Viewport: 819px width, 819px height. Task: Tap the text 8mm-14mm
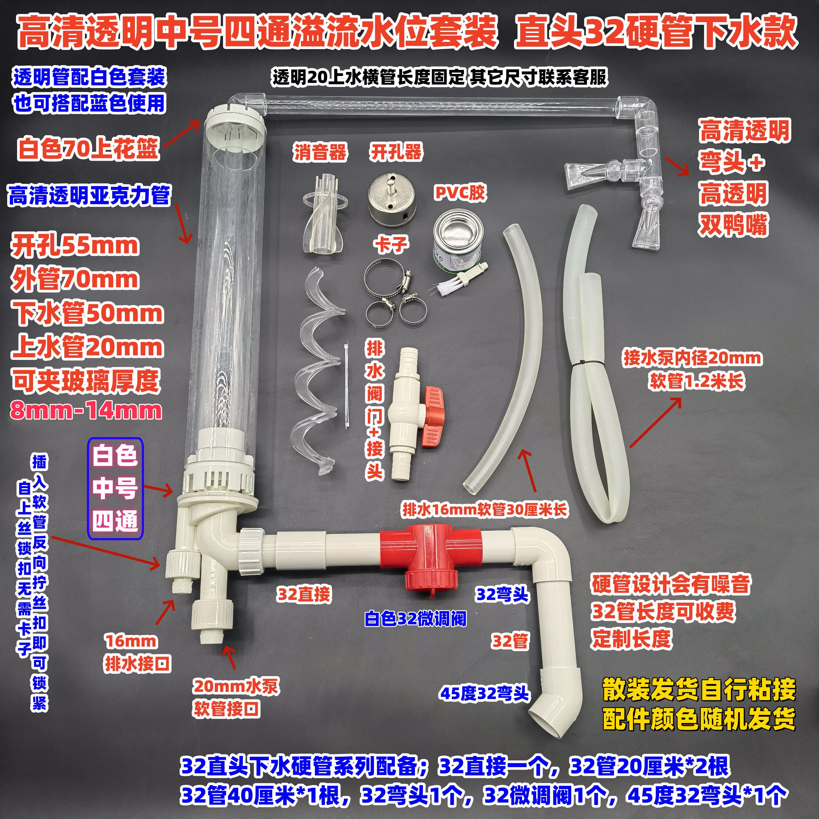tap(87, 410)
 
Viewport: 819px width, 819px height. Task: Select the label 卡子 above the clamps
tap(391, 244)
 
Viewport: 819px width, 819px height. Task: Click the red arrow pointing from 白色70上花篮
tap(183, 134)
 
